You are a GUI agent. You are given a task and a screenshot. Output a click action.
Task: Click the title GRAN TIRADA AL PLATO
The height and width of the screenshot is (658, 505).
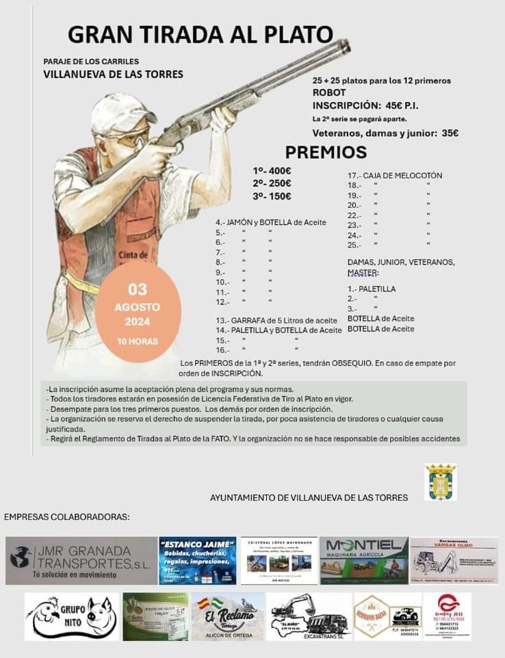(200, 35)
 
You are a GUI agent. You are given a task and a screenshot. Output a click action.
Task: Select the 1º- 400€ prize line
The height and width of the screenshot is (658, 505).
(272, 170)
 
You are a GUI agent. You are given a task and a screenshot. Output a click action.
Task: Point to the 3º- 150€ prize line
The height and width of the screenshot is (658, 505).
(272, 196)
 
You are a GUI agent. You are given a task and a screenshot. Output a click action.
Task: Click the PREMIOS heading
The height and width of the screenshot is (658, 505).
(326, 152)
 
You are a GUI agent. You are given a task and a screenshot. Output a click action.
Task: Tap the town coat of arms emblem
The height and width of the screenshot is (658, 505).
(440, 482)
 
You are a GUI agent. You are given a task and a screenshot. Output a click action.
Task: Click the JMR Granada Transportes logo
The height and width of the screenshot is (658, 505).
(81, 560)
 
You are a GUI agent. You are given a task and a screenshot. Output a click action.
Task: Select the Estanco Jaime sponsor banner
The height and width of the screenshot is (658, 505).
(198, 560)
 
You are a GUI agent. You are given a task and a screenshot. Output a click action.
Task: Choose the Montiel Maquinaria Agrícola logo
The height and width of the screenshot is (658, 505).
(363, 560)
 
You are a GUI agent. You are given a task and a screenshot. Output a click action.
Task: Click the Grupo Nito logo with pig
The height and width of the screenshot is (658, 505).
(71, 616)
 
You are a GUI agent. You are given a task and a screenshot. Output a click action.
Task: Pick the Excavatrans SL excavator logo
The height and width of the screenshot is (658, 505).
(309, 616)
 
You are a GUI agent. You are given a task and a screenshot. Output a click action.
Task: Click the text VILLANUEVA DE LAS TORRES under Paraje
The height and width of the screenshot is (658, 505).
(113, 74)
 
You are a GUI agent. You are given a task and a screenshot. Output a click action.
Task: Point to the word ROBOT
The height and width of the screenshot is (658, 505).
(329, 92)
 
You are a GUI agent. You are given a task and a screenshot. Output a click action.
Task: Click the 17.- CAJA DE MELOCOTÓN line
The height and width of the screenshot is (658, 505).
(395, 176)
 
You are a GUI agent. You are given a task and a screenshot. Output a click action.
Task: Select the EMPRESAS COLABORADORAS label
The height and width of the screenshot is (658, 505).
(66, 516)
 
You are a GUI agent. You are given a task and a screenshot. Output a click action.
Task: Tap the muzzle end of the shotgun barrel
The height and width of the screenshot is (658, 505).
(346, 46)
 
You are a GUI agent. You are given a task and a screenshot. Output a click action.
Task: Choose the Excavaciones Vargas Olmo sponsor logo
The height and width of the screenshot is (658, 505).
(454, 560)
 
